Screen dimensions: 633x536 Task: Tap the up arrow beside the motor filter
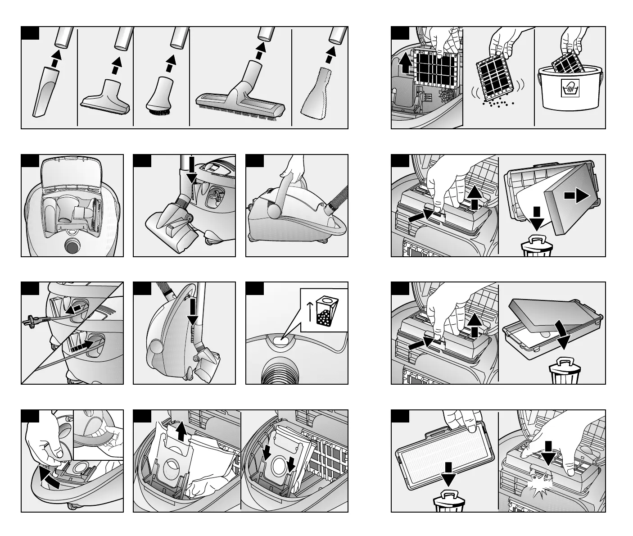405,63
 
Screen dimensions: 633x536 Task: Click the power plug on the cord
28,321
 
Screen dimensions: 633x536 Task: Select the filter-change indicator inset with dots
323,310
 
